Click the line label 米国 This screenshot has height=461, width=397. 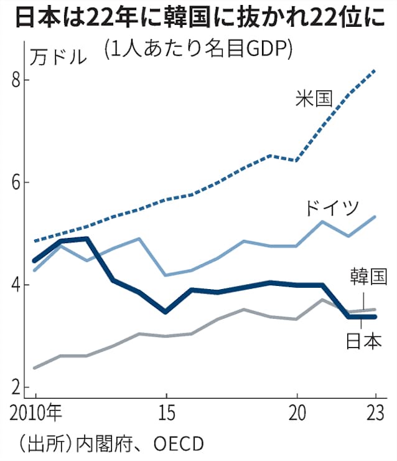click(x=314, y=98)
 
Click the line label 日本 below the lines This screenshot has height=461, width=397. click(x=362, y=341)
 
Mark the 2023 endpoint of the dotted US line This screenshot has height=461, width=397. click(x=375, y=71)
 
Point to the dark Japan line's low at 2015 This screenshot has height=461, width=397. click(x=166, y=311)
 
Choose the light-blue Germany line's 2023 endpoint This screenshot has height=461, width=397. click(x=375, y=217)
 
